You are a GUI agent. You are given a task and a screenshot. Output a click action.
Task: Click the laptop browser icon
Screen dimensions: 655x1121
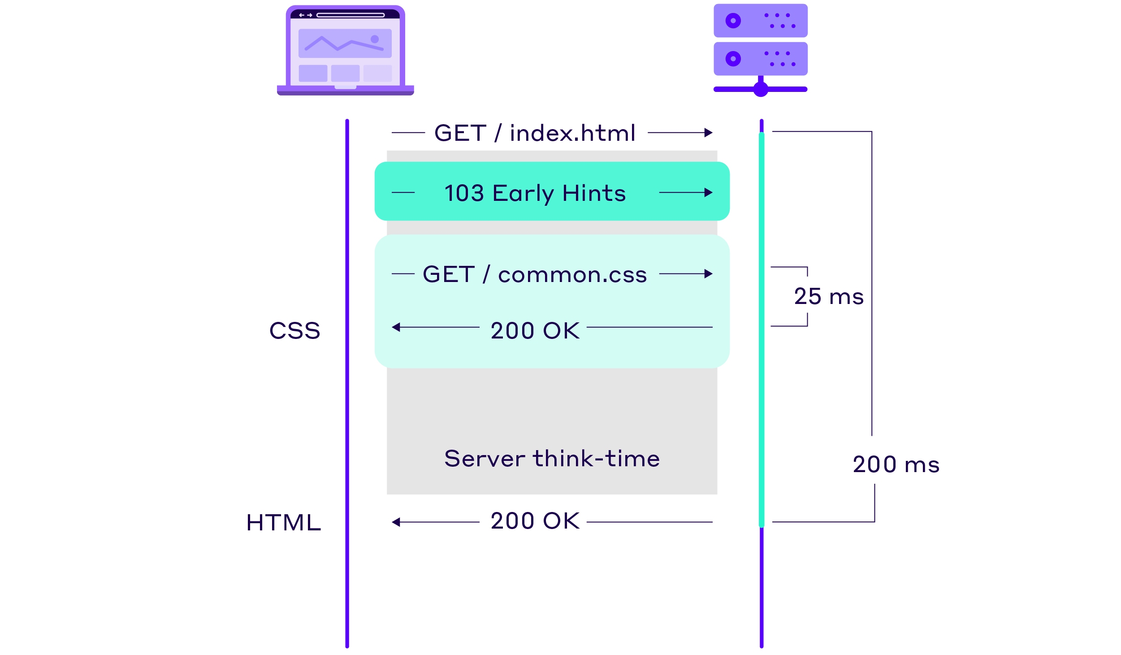click(x=345, y=51)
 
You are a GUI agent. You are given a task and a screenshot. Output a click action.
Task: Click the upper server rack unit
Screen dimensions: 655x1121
click(x=760, y=21)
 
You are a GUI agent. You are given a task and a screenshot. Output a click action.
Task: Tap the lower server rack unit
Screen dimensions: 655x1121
click(x=760, y=59)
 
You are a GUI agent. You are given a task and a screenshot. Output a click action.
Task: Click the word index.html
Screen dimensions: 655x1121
click(x=572, y=133)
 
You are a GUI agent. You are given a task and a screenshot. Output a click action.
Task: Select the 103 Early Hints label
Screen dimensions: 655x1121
click(x=535, y=193)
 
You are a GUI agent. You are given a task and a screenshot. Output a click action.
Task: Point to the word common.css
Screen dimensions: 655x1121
click(x=572, y=274)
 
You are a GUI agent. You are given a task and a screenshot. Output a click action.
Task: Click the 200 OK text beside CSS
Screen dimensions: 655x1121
click(x=535, y=331)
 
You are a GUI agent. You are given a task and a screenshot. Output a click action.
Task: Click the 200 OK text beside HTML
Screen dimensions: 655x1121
click(x=535, y=521)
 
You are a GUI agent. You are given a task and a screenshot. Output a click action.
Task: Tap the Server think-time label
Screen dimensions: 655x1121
click(x=552, y=459)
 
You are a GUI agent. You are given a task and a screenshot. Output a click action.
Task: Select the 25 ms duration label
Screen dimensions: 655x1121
click(x=828, y=297)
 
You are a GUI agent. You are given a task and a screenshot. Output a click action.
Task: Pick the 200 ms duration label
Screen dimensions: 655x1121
click(x=896, y=464)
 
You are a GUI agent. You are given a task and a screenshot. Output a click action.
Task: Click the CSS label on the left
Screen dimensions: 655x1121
click(x=294, y=331)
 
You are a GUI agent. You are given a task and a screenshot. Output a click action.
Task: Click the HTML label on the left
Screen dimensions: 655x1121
click(x=283, y=523)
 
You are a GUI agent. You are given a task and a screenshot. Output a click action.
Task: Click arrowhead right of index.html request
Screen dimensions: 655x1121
click(x=709, y=133)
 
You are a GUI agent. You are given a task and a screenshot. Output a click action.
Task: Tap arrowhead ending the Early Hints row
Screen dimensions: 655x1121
click(x=709, y=193)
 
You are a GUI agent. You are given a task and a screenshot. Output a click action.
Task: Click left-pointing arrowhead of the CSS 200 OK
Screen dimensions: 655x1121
click(x=396, y=327)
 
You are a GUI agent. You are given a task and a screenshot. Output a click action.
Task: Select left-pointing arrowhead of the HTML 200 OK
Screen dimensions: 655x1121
click(x=396, y=522)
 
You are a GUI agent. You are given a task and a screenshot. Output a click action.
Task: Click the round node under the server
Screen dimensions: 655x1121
click(x=761, y=89)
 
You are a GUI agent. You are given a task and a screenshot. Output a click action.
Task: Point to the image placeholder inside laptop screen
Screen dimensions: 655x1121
click(x=345, y=43)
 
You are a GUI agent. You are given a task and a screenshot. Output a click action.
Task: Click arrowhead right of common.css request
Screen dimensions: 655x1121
click(x=709, y=274)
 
